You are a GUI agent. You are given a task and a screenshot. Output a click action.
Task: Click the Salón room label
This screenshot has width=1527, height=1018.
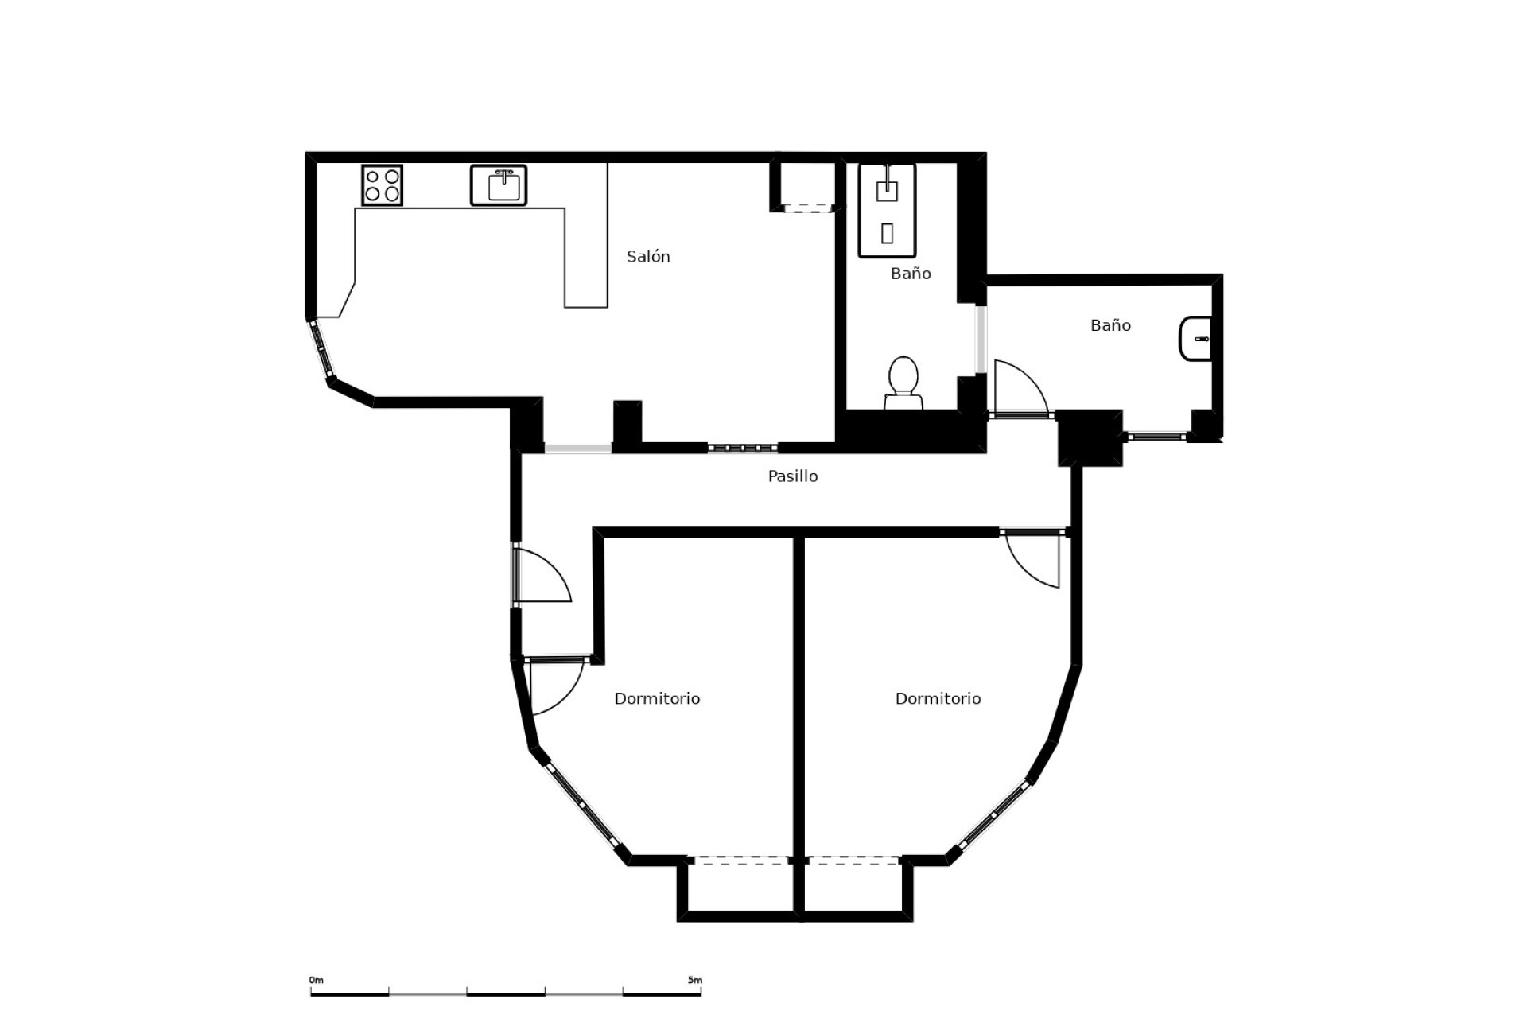point(648,257)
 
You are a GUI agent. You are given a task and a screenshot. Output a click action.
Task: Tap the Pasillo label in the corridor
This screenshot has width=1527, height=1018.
point(792,476)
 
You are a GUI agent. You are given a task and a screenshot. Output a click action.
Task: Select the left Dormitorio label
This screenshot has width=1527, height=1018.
point(657,699)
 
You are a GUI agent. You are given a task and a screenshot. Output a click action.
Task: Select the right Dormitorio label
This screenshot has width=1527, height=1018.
point(938,699)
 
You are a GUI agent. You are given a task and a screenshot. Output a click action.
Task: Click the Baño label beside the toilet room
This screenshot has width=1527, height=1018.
point(911,274)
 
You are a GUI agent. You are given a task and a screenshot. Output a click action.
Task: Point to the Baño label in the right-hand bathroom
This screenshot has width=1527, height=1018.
point(1110,325)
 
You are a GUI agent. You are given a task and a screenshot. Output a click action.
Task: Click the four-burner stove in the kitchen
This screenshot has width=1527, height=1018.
point(382,185)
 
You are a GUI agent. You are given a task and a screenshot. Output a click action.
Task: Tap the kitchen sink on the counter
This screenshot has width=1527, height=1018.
point(499,185)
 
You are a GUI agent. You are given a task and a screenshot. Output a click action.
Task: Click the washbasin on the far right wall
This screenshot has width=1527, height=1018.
point(1195,339)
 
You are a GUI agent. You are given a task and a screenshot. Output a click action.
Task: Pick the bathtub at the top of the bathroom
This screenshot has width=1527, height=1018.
point(887,211)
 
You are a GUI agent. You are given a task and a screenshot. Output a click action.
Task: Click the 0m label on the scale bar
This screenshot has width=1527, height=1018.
point(317,981)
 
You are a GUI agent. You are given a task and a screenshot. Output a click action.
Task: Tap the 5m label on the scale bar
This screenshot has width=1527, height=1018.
point(695,981)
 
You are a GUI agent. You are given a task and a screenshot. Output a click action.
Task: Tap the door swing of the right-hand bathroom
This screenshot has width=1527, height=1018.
point(1020,387)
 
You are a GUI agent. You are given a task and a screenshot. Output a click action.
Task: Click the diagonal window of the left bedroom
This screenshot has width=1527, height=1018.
point(584,806)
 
